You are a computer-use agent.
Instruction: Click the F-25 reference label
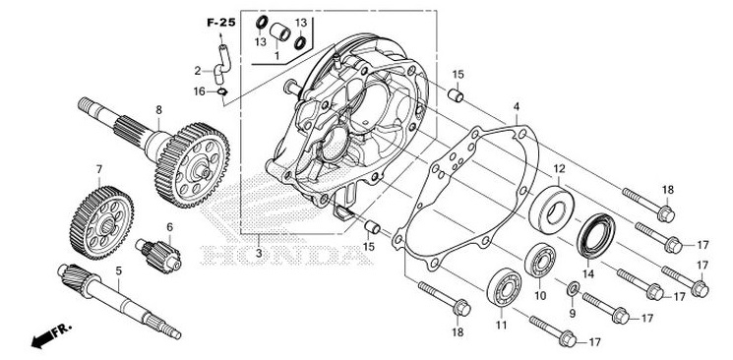pos(220,21)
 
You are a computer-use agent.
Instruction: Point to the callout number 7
pos(99,169)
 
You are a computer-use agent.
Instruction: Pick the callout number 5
pos(118,270)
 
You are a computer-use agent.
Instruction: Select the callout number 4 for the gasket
pos(517,105)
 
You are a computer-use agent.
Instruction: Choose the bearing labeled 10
pos(540,260)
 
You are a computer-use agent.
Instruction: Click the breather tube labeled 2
pos(222,68)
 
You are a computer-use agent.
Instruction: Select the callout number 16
pos(199,90)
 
